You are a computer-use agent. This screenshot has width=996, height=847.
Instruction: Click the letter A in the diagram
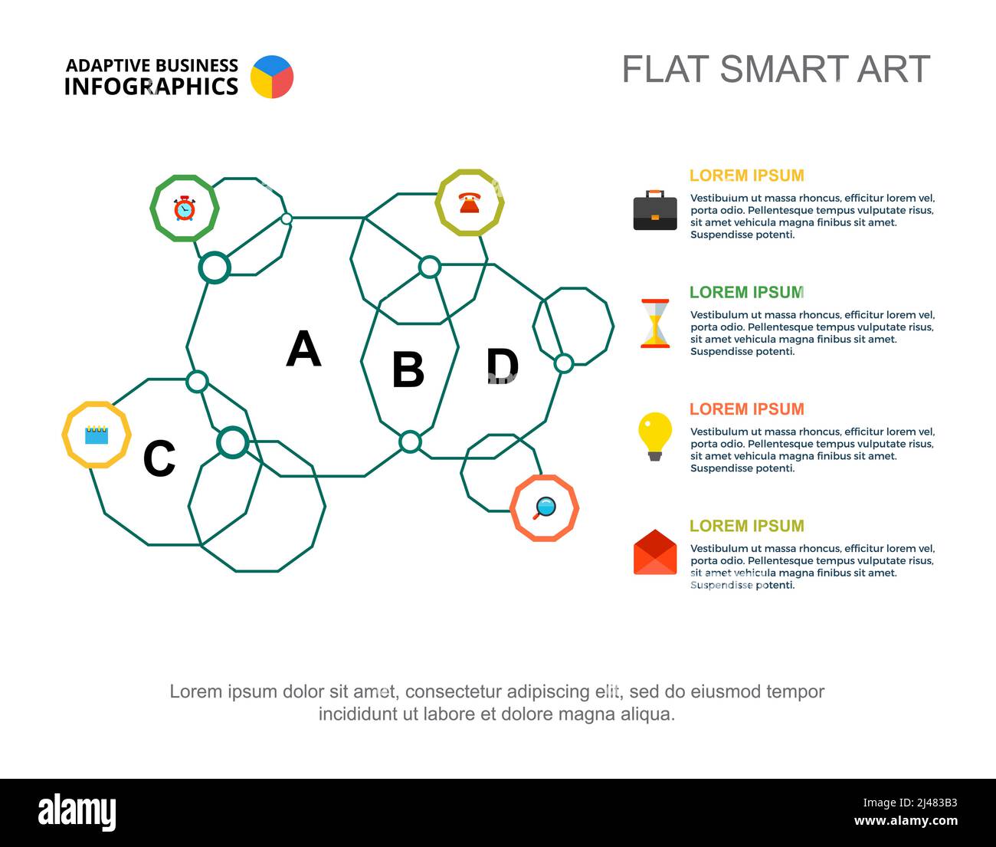tap(303, 349)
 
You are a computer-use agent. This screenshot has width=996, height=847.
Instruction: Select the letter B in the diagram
tap(408, 369)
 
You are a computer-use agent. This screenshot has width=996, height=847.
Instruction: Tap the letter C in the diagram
tap(159, 458)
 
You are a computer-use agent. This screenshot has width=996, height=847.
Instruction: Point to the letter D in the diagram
tap(502, 365)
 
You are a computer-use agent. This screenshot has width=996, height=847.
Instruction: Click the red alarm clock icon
tap(185, 208)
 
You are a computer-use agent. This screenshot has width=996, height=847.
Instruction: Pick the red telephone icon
tap(470, 202)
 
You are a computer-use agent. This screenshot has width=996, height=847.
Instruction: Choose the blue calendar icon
tap(97, 435)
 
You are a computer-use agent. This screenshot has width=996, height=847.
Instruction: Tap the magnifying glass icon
tap(545, 508)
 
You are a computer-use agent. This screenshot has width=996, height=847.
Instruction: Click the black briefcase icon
tap(655, 210)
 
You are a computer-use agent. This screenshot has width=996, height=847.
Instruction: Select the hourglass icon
tap(655, 323)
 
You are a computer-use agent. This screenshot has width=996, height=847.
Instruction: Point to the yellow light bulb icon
tap(655, 437)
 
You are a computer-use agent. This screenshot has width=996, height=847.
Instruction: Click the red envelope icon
tap(655, 552)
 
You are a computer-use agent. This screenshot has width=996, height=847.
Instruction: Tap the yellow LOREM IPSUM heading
tap(746, 176)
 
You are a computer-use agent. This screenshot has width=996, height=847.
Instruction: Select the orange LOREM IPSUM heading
tap(746, 409)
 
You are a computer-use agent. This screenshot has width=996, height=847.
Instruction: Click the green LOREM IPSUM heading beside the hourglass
tap(746, 292)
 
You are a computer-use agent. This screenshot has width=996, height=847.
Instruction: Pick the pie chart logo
tap(272, 77)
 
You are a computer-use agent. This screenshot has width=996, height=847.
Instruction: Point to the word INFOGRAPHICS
tap(151, 87)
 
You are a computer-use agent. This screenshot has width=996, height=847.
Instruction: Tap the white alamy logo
tap(77, 812)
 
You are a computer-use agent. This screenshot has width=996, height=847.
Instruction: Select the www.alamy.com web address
tap(906, 820)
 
